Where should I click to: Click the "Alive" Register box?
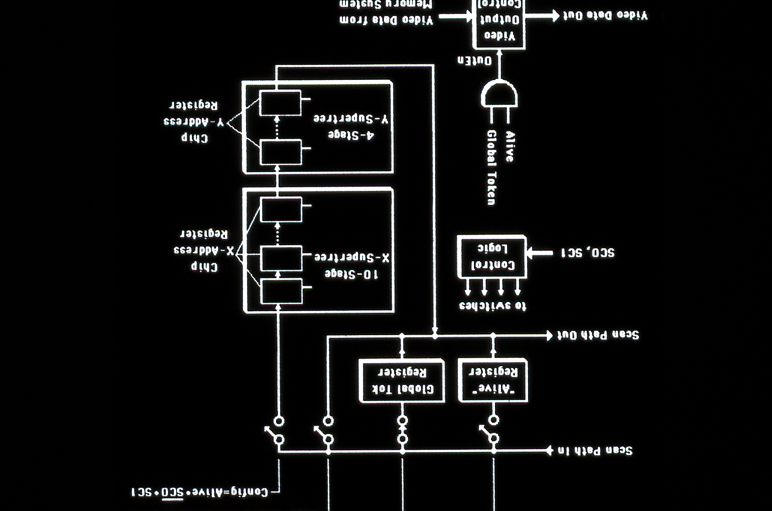[493, 380]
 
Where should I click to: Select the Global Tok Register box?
[401, 381]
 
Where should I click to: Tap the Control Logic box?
[492, 256]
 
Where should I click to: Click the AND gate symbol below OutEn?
[499, 94]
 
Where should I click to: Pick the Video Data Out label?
[605, 15]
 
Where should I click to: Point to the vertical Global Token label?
[491, 167]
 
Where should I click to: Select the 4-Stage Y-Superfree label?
[351, 127]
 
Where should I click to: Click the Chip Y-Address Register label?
[193, 121]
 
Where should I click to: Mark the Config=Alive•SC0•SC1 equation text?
[199, 493]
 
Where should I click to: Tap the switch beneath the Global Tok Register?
[402, 430]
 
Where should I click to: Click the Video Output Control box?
[498, 22]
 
